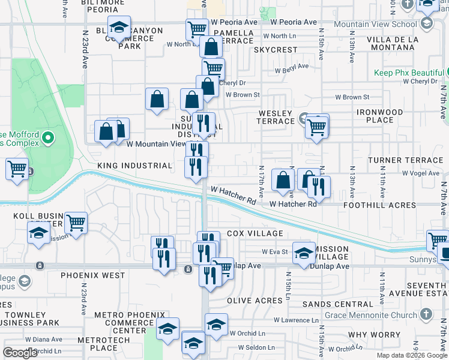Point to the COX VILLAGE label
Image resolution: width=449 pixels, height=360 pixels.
point(255,233)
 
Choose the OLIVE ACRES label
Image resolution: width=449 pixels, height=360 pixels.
point(255,300)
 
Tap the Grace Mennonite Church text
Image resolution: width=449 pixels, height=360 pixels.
point(370,315)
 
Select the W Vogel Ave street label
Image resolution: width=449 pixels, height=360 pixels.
point(421,173)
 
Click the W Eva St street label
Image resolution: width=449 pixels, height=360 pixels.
point(275,252)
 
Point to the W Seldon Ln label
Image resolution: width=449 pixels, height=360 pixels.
point(256,347)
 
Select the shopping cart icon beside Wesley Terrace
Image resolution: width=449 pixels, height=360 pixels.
point(316,126)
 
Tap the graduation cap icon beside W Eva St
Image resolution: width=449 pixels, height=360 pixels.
point(304,253)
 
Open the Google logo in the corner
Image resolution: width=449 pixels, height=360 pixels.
point(20,353)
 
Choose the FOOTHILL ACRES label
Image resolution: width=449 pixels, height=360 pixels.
point(379,205)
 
